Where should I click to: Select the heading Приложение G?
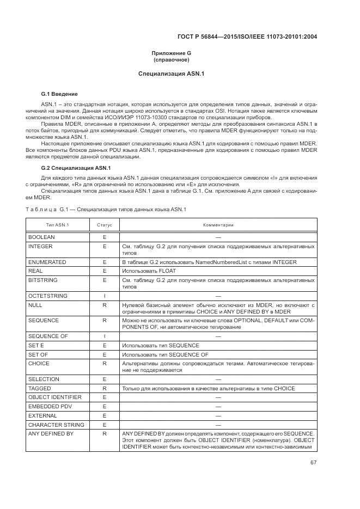click(171, 53)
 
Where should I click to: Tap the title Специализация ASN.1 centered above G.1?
click(171, 73)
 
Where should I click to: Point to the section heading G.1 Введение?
click(59, 94)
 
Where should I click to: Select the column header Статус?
click(104, 225)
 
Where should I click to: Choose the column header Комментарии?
click(218, 225)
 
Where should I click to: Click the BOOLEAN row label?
click(42, 237)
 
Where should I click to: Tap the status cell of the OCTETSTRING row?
click(104, 296)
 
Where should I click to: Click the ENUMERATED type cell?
click(47, 262)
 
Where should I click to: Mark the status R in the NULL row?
click(104, 305)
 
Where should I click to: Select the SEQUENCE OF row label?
click(48, 336)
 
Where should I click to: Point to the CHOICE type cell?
click(39, 363)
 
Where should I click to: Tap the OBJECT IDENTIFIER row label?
click(54, 397)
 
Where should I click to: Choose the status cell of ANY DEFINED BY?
click(104, 433)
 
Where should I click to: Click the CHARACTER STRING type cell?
click(56, 425)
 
